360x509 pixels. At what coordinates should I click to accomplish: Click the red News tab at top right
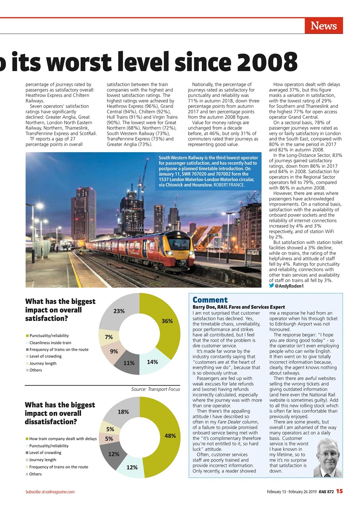pyautogui.click(x=323, y=26)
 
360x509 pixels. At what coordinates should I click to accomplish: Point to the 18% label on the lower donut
pyautogui.click(x=123, y=412)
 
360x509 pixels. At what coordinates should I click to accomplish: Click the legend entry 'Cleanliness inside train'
pyautogui.click(x=50, y=343)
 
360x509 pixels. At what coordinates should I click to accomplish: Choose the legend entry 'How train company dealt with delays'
pyautogui.click(x=63, y=439)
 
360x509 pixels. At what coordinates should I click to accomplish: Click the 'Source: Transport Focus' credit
pyautogui.click(x=156, y=389)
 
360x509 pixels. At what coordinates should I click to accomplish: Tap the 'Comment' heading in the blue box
pyautogui.click(x=210, y=300)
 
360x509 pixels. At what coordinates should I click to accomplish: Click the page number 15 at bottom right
pyautogui.click(x=339, y=491)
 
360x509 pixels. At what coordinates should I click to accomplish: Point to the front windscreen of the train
pyautogui.click(x=179, y=243)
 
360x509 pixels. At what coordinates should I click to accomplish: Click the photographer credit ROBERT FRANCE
pyautogui.click(x=230, y=185)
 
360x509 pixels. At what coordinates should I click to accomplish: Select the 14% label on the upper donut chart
pyautogui.click(x=152, y=362)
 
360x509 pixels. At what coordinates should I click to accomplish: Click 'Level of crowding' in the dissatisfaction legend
pyautogui.click(x=45, y=453)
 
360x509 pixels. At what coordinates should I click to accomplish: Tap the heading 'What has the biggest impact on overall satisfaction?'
pyautogui.click(x=60, y=310)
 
